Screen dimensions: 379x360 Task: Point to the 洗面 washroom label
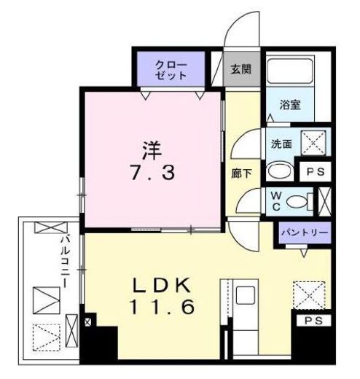point(282,144)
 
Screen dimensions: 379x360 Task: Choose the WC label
point(278,200)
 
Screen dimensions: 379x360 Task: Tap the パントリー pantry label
point(302,234)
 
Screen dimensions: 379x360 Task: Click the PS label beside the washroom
point(317,172)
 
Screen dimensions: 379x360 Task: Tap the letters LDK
point(162,283)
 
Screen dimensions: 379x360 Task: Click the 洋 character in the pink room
point(151,152)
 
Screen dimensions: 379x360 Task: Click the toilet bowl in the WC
point(296,201)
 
